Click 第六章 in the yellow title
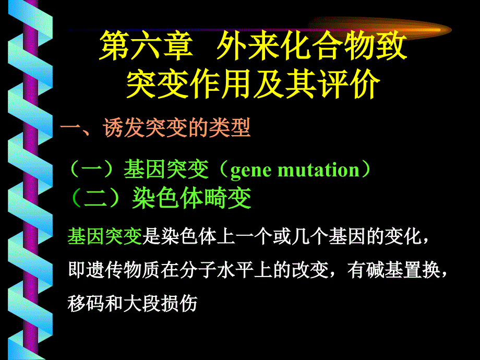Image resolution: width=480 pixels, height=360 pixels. coord(146,46)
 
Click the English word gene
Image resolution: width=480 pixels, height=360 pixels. coord(251,170)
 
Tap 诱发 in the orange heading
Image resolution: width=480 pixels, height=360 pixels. coord(124,128)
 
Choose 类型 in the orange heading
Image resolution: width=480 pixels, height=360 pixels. coord(230,128)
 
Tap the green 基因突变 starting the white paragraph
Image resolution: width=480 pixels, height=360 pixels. coord(105,236)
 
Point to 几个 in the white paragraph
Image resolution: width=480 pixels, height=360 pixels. coord(310,236)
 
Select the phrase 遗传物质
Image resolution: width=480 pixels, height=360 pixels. coord(123,270)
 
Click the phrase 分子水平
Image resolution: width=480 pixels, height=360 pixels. coord(217,270)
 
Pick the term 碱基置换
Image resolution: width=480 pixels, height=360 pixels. coord(403,270)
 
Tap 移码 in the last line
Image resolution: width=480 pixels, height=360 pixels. coord(86,303)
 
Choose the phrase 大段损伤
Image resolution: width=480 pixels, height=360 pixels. coord(160,303)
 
